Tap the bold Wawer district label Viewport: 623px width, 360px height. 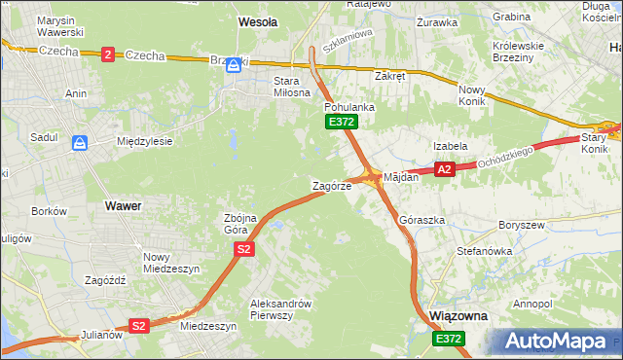point(123,206)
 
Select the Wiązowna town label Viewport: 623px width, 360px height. point(457,317)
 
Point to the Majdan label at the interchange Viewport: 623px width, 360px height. point(401,178)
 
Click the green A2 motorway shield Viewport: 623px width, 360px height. point(444,169)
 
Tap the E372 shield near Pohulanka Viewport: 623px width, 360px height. point(342,122)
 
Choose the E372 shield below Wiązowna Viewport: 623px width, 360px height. point(449,338)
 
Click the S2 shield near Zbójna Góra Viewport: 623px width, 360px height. point(243,250)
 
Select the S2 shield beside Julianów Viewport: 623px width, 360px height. point(138,326)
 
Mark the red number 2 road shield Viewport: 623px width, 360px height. point(106,54)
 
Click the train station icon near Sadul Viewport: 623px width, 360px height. point(79,142)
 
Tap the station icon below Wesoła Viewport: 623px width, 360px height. point(233,66)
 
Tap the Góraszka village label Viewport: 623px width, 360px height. point(422,221)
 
